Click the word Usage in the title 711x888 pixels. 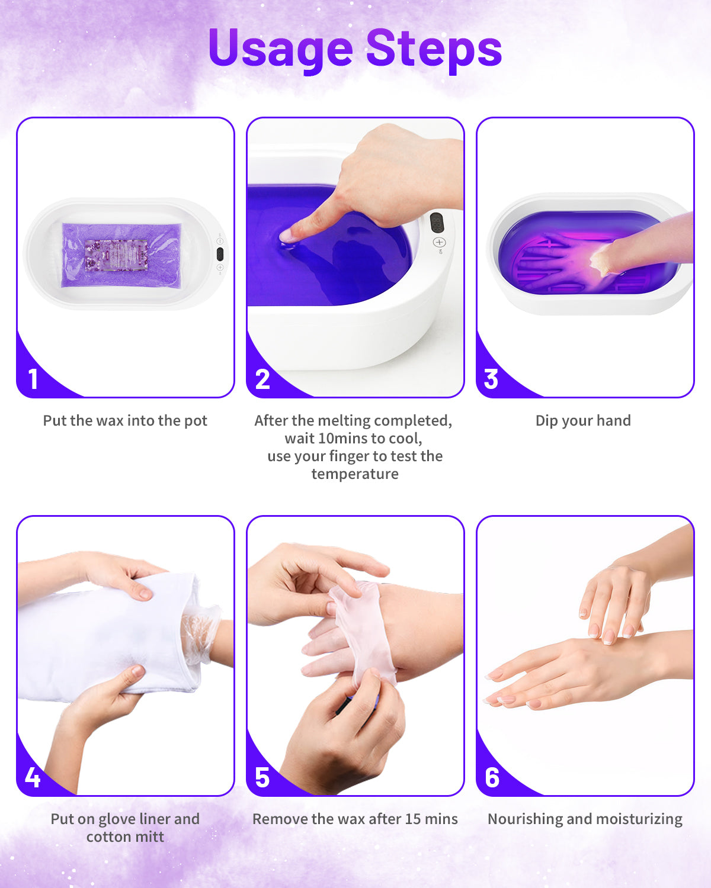[x=280, y=49]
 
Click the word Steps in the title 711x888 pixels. [x=434, y=49]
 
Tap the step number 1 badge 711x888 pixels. [x=33, y=379]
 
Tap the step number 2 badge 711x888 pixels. [x=262, y=379]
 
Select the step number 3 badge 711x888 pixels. [x=491, y=379]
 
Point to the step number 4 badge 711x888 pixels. [x=33, y=777]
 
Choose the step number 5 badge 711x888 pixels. [x=262, y=777]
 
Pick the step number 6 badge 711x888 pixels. [x=492, y=777]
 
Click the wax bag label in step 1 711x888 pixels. [x=116, y=255]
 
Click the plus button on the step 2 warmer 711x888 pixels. [x=439, y=242]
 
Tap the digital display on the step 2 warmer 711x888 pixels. [x=437, y=223]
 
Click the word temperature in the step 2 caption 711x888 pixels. [x=355, y=474]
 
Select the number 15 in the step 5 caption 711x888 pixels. [x=414, y=819]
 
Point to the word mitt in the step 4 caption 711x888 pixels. [x=149, y=836]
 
